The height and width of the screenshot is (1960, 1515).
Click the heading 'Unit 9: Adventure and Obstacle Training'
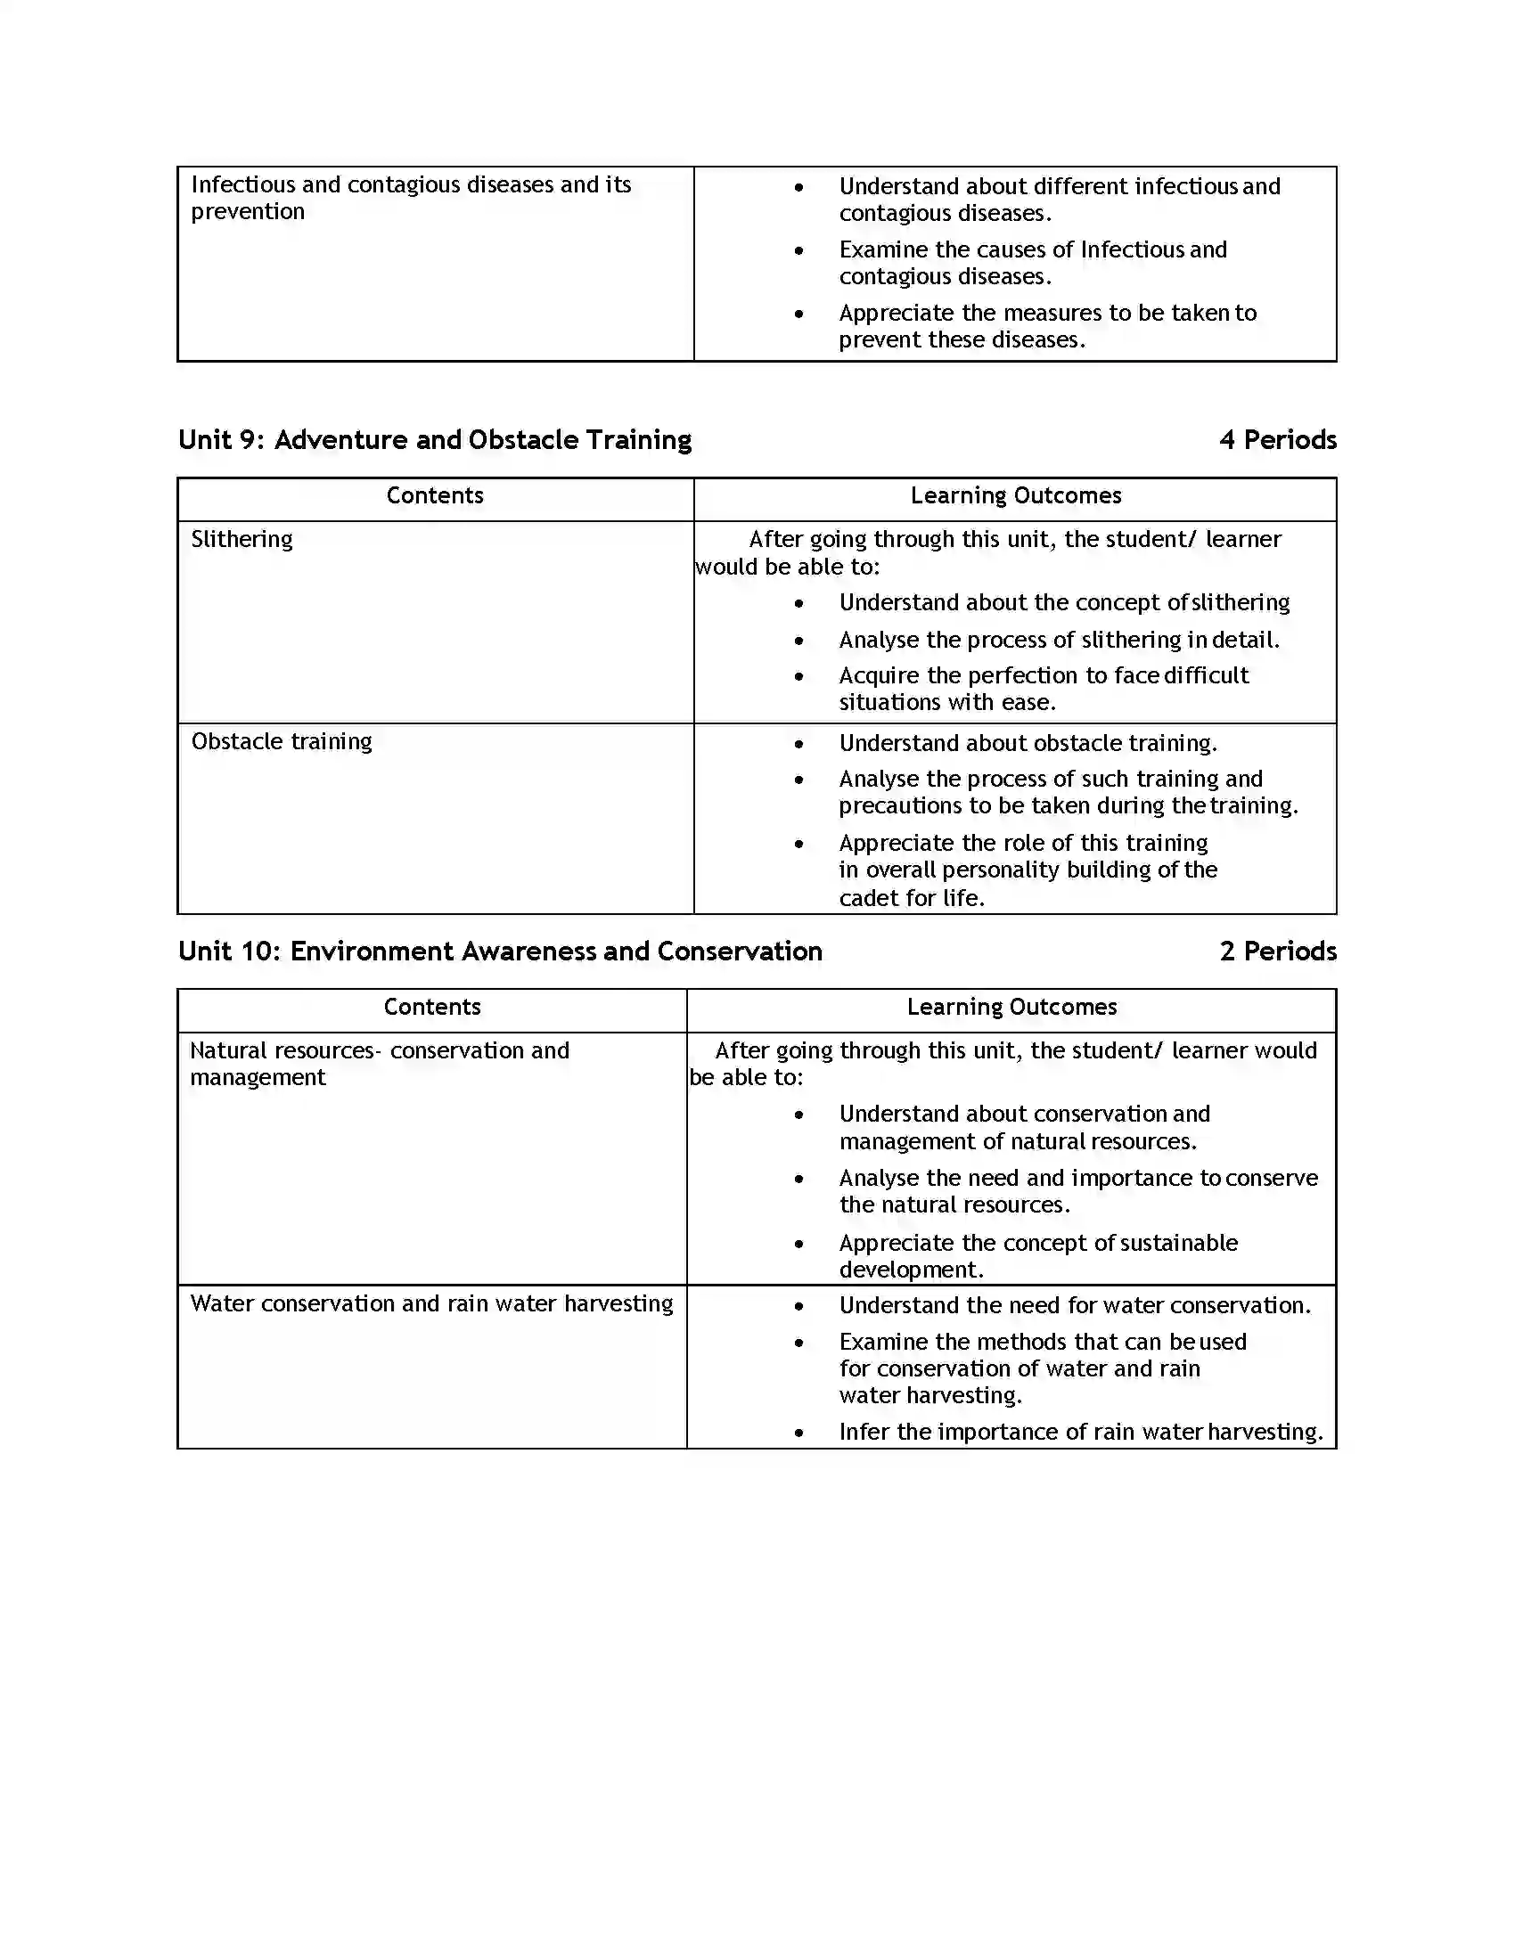[434, 440]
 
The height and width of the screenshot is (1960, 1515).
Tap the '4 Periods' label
[1277, 440]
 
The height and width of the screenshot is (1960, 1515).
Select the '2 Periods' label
[1277, 951]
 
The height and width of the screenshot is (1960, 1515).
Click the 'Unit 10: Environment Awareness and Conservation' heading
[500, 951]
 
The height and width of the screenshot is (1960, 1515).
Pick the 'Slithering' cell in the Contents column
[242, 539]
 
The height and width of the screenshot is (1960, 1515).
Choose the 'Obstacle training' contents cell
[281, 741]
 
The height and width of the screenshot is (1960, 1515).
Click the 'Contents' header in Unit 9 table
[434, 495]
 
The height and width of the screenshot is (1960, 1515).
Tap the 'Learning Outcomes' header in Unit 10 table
[1011, 1007]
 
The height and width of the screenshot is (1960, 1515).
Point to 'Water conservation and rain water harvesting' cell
[430, 1303]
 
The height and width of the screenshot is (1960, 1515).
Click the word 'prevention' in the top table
[248, 212]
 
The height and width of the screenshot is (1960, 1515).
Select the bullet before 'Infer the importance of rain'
[798, 1433]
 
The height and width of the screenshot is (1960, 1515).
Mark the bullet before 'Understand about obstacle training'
[798, 744]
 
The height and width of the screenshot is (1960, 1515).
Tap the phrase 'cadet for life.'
[911, 898]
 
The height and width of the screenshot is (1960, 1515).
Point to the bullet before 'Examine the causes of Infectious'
[798, 251]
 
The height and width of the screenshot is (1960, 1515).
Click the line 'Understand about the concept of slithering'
[1063, 602]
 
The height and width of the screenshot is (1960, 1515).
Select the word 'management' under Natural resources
[258, 1078]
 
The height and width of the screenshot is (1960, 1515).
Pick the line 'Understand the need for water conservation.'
[1075, 1306]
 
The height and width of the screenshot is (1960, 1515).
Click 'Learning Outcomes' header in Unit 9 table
[1015, 495]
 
